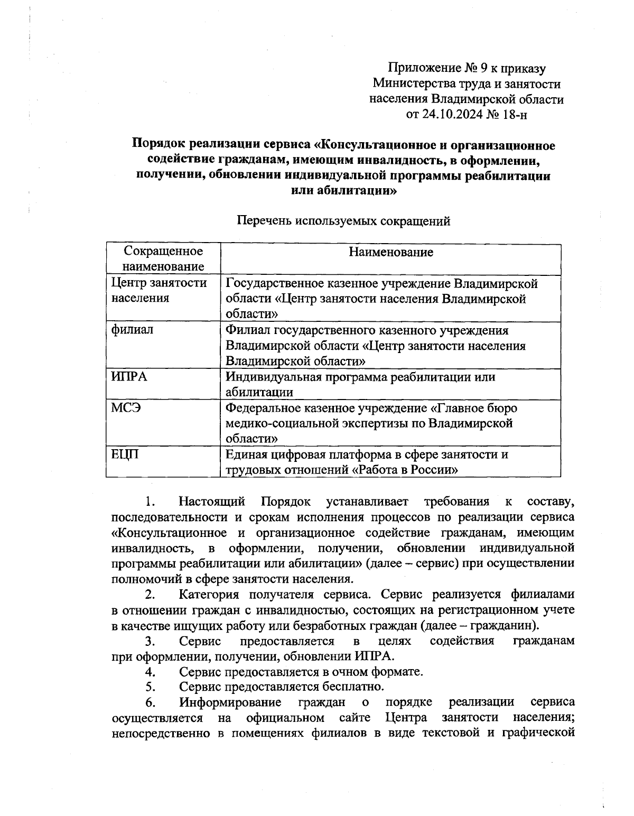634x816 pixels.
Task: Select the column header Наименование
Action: click(x=390, y=253)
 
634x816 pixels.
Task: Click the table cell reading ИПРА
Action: click(x=129, y=377)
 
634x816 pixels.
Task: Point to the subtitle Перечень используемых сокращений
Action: click(x=343, y=221)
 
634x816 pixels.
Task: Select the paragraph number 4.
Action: click(x=150, y=672)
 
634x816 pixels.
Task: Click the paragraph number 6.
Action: click(x=150, y=703)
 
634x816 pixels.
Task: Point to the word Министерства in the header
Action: click(x=410, y=84)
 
